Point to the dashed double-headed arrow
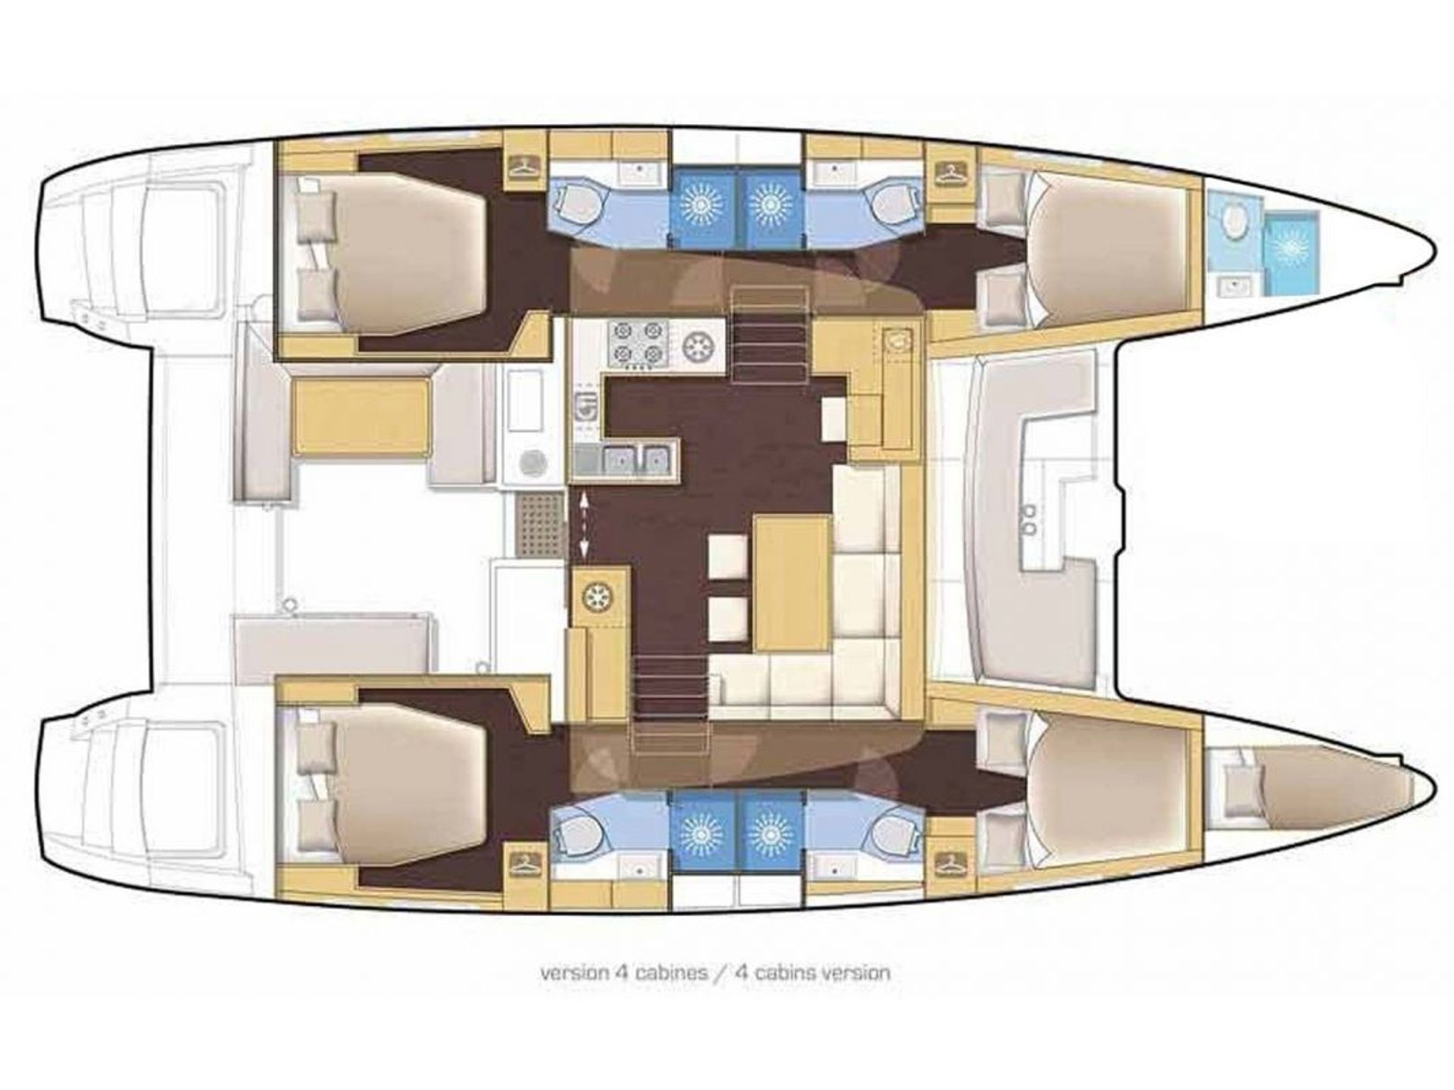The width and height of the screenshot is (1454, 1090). coord(583,524)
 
